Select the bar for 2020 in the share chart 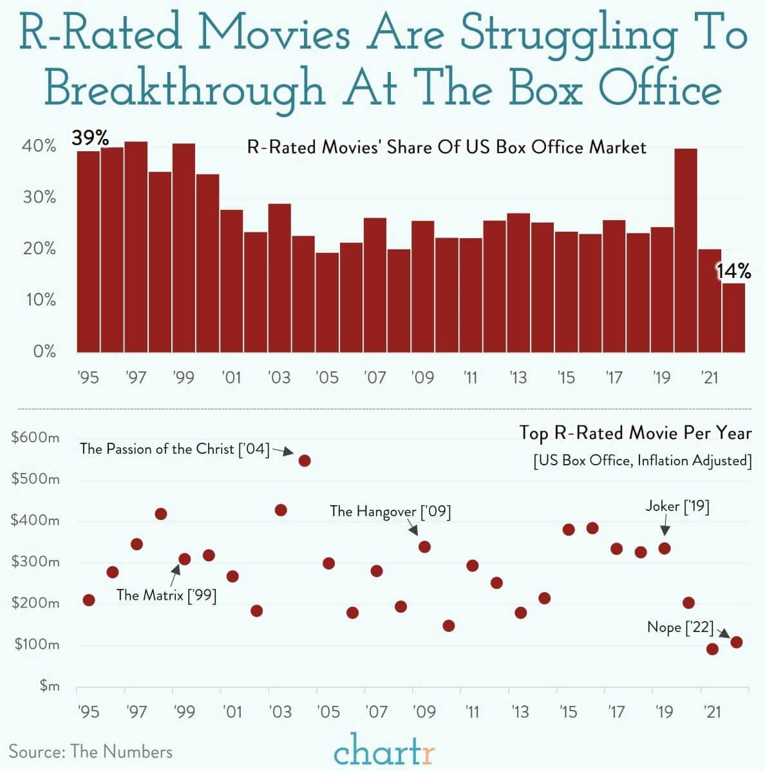[x=686, y=250]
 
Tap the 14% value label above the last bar [x=734, y=272]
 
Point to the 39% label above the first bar [x=90, y=138]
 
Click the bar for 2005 [x=327, y=302]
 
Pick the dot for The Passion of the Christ [x=305, y=461]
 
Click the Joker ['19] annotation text [x=677, y=506]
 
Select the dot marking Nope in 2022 [x=737, y=642]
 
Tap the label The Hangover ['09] [x=390, y=512]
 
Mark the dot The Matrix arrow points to [x=184, y=559]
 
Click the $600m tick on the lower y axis [x=35, y=438]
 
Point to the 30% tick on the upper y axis [x=39, y=198]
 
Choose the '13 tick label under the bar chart [x=518, y=377]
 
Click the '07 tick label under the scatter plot [x=375, y=712]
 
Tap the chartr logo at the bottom [x=384, y=750]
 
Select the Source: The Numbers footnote [x=90, y=751]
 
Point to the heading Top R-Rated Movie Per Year [x=635, y=433]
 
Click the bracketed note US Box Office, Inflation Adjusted [x=642, y=461]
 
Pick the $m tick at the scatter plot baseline [x=49, y=687]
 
